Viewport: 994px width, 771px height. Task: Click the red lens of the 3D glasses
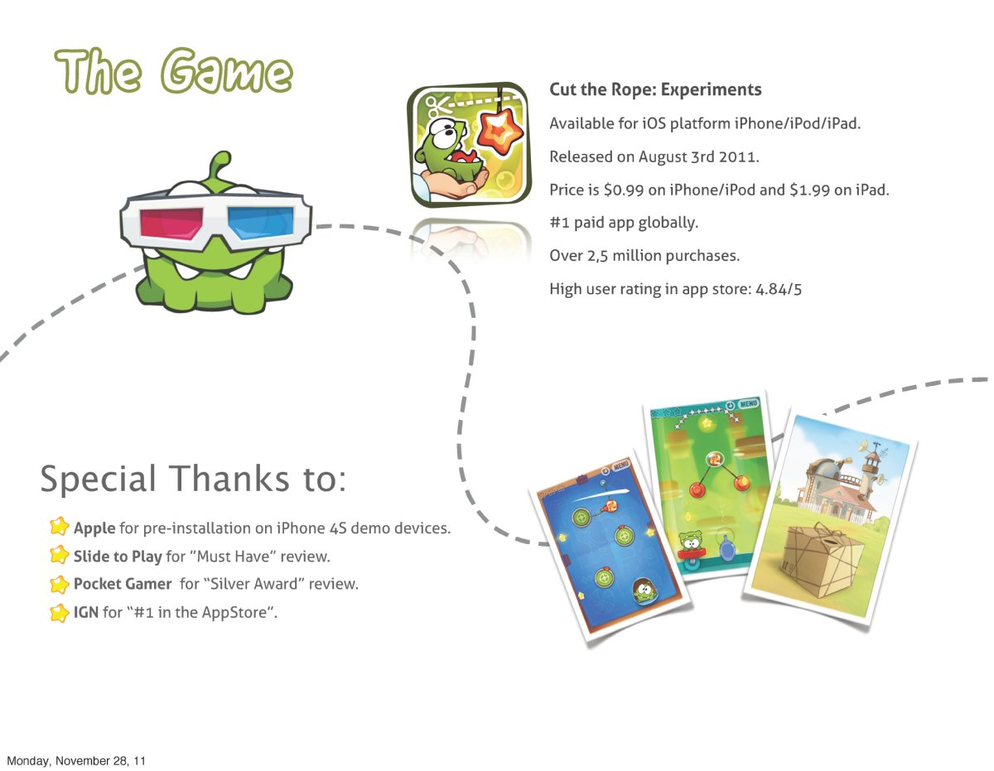[x=171, y=223]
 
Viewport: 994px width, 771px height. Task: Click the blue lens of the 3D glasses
[x=260, y=222]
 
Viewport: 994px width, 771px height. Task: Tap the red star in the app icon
[x=499, y=132]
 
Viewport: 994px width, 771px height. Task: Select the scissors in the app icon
[x=437, y=107]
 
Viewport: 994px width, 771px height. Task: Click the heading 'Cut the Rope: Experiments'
[x=655, y=89]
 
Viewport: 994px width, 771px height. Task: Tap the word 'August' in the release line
[x=663, y=157]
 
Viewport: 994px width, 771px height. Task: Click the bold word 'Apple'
[x=94, y=528]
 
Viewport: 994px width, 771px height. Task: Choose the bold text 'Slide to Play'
[x=118, y=556]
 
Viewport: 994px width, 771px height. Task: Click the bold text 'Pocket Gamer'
[x=123, y=584]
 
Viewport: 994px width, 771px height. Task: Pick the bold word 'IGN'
[x=86, y=612]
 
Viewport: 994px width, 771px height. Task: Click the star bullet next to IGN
[x=59, y=613]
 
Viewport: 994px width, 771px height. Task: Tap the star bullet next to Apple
[x=59, y=526]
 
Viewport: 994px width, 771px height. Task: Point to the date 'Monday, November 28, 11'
[x=76, y=761]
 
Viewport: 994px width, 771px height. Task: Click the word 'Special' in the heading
[x=98, y=479]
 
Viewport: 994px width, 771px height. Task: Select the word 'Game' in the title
[x=226, y=72]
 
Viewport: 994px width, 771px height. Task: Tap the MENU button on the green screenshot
[x=748, y=404]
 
